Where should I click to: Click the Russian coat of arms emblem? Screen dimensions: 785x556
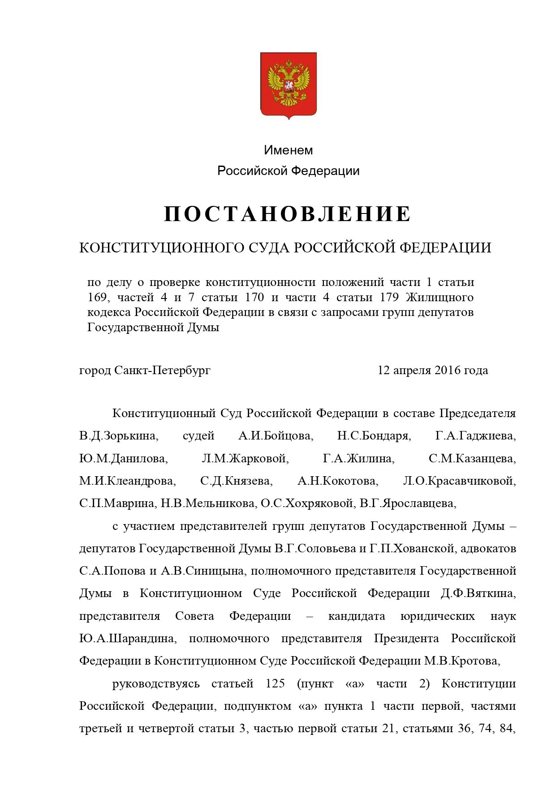pyautogui.click(x=289, y=85)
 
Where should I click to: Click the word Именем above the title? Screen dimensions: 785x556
pyautogui.click(x=288, y=150)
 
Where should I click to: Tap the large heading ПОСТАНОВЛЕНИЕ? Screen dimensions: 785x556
pyautogui.click(x=287, y=214)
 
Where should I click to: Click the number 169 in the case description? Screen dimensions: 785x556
pyautogui.click(x=97, y=297)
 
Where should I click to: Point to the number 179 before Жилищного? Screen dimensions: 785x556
pyautogui.click(x=389, y=297)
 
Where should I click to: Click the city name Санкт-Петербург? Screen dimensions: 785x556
pyautogui.click(x=162, y=370)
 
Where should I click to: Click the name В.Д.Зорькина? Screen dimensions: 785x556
pyautogui.click(x=118, y=435)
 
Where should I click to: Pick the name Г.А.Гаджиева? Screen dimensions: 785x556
pyautogui.click(x=475, y=435)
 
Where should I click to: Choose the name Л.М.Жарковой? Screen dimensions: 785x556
pyautogui.click(x=245, y=458)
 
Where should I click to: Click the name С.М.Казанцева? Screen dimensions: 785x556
pyautogui.click(x=472, y=458)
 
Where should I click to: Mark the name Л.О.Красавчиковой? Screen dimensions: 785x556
pyautogui.click(x=459, y=481)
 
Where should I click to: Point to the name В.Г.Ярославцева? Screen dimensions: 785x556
pyautogui.click(x=408, y=503)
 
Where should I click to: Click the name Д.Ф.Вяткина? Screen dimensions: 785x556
pyautogui.click(x=478, y=593)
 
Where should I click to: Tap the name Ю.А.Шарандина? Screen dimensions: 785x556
pyautogui.click(x=128, y=638)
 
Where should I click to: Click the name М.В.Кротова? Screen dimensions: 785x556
pyautogui.click(x=461, y=661)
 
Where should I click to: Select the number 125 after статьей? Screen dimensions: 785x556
pyautogui.click(x=275, y=683)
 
